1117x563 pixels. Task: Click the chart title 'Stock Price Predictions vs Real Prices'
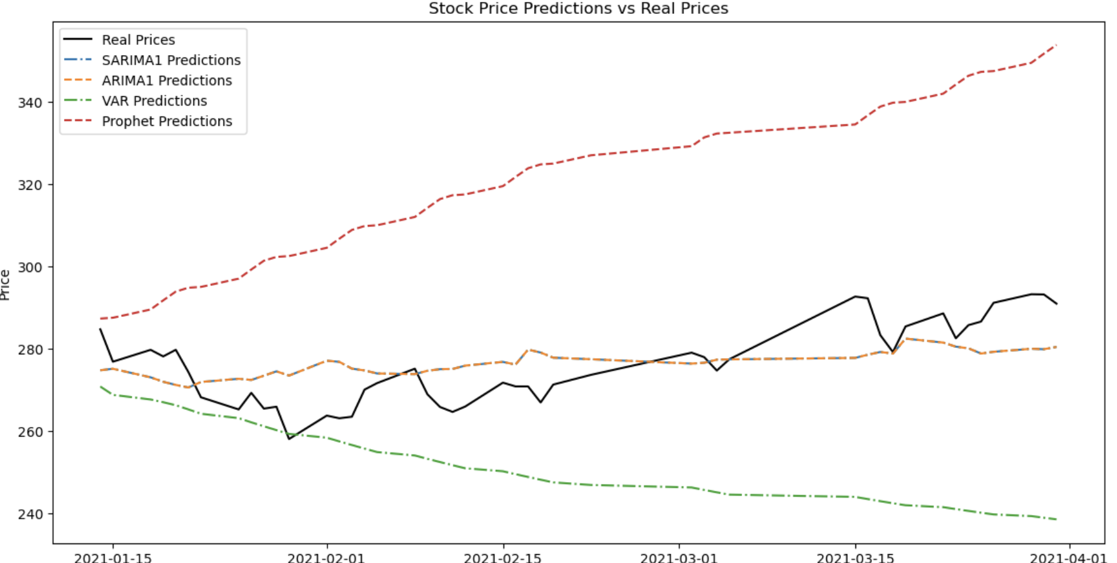pos(578,8)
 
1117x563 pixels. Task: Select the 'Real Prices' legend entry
pos(138,40)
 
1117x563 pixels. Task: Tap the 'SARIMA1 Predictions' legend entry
pos(171,60)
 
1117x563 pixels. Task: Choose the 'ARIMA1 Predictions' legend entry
pos(167,80)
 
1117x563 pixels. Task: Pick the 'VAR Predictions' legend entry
pos(154,101)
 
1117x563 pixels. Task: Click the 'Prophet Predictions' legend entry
pos(167,121)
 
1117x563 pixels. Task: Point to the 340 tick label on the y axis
pos(30,102)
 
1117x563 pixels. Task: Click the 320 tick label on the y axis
pos(30,185)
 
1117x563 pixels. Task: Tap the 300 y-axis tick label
pos(30,268)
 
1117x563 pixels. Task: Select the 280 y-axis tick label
pos(30,350)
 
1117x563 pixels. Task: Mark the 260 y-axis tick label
pos(30,432)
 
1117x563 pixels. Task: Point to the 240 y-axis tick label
pos(30,514)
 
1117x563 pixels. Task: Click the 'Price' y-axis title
pos(6,285)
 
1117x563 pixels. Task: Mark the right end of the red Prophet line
pos(1056,45)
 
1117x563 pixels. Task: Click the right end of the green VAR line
pos(1056,519)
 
